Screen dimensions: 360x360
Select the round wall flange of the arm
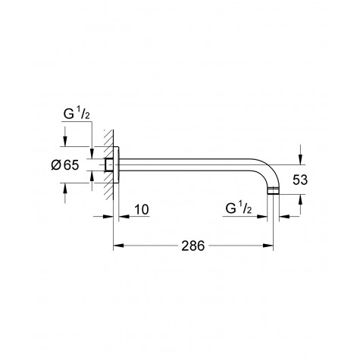tap(114, 165)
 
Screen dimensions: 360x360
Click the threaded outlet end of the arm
tap(274, 193)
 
